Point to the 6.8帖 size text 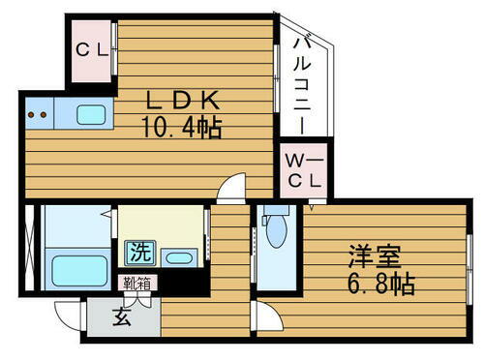(381, 285)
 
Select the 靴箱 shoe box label (136, 283)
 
